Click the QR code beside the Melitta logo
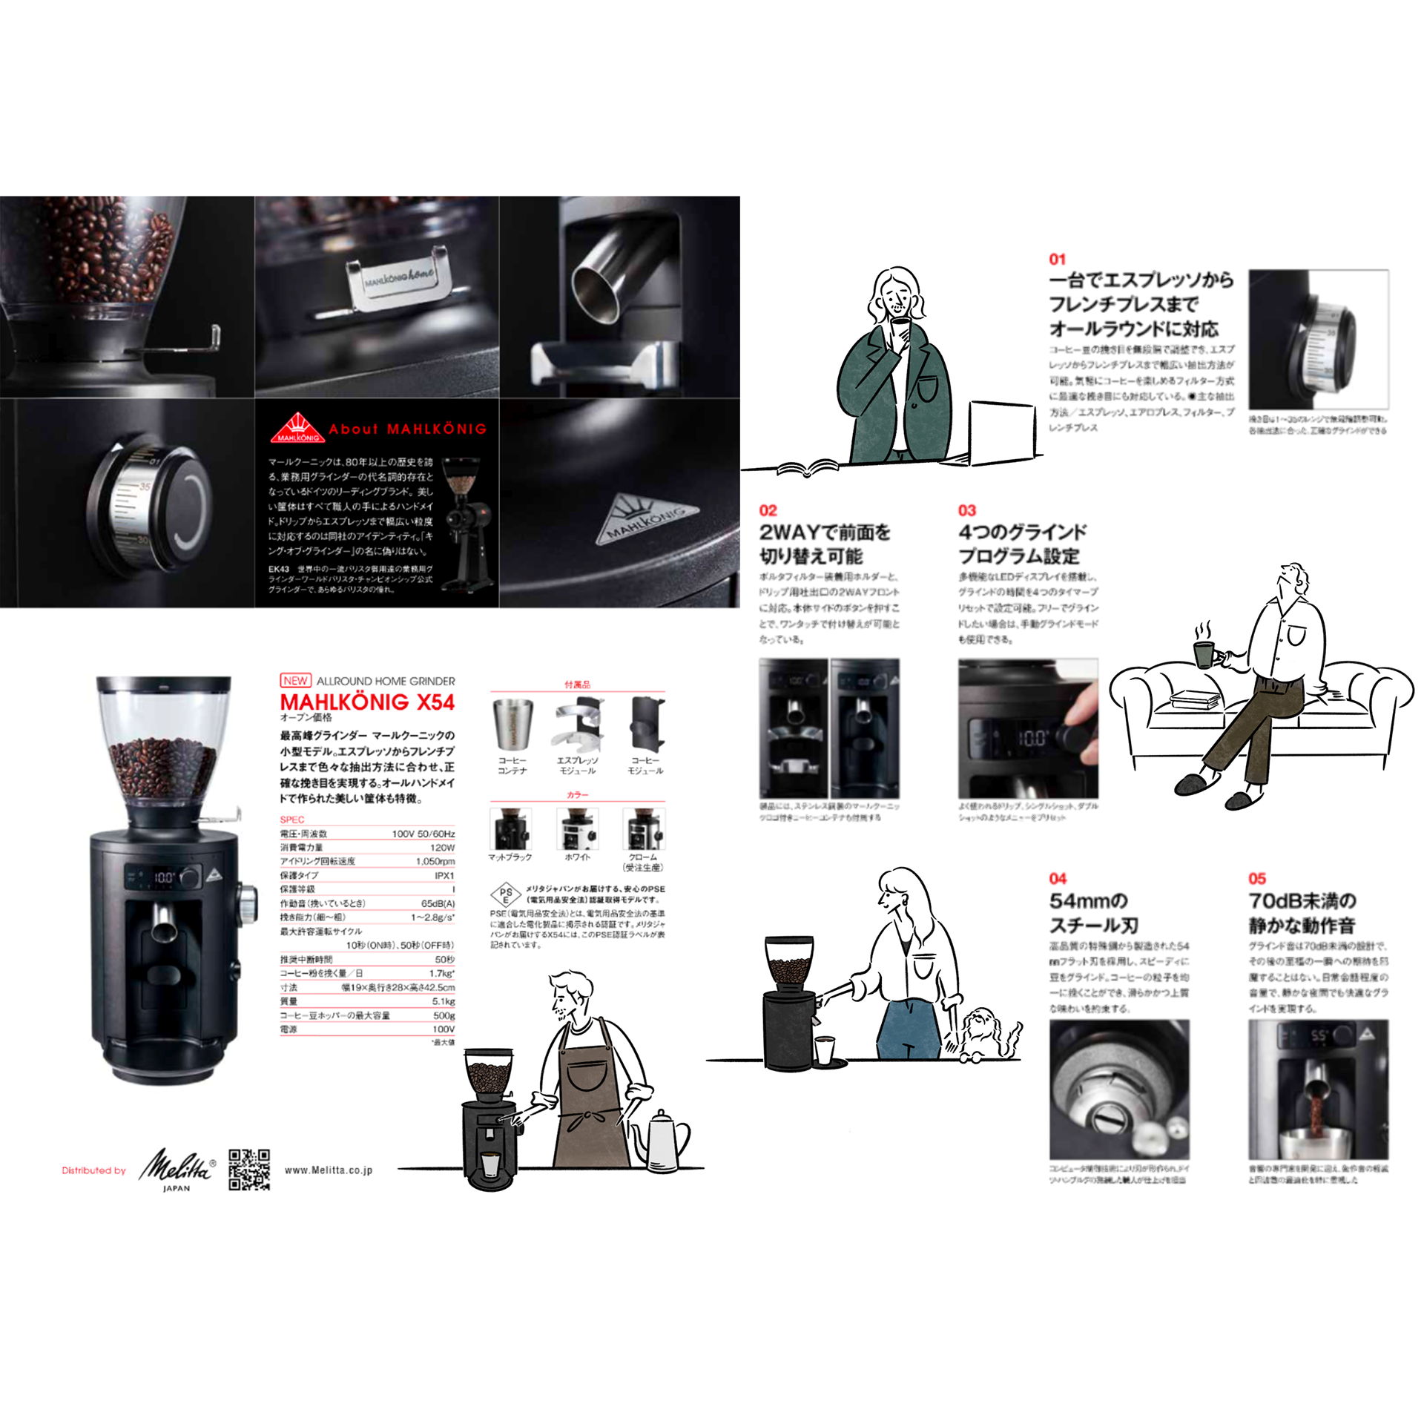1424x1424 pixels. click(x=248, y=1170)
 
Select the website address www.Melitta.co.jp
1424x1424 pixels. click(x=329, y=1170)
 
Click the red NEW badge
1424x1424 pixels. click(x=295, y=680)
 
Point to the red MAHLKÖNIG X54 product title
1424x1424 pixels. click(x=367, y=702)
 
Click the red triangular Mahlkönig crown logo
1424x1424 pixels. click(x=297, y=428)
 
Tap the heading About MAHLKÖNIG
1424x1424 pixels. click(x=407, y=429)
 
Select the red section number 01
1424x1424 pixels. click(x=1057, y=259)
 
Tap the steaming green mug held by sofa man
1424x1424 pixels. click(x=1204, y=653)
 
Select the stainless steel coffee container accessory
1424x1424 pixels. click(x=512, y=724)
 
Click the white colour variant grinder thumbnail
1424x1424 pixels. click(x=578, y=828)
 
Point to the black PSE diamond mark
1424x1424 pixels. click(x=506, y=894)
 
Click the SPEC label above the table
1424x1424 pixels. click(x=291, y=820)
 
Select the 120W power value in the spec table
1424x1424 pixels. click(x=442, y=847)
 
